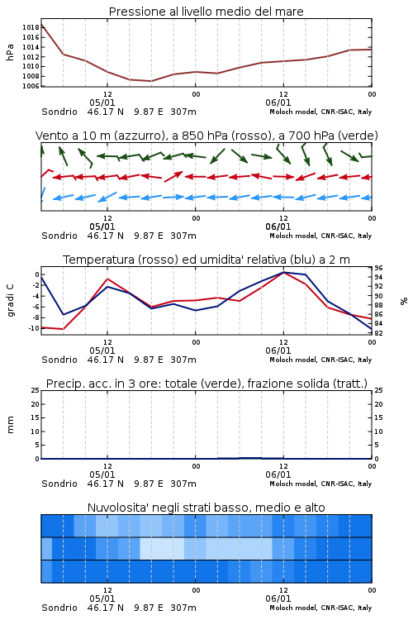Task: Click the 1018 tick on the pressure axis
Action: [31, 27]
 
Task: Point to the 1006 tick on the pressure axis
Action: [31, 86]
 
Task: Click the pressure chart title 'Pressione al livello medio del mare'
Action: [206, 12]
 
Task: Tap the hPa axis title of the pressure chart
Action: [10, 52]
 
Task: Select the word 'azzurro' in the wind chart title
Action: [138, 136]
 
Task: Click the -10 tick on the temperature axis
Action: [33, 328]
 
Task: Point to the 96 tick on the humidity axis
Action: [378, 268]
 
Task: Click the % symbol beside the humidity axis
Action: [404, 301]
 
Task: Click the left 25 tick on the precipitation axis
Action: [36, 390]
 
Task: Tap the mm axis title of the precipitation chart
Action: [10, 425]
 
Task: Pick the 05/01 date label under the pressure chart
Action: [102, 103]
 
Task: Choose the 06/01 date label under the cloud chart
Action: [278, 599]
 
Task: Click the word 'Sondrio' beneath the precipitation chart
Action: [59, 484]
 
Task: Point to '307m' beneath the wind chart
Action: [183, 236]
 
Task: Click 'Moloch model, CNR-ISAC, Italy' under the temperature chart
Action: [320, 360]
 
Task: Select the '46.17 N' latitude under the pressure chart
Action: [106, 112]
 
